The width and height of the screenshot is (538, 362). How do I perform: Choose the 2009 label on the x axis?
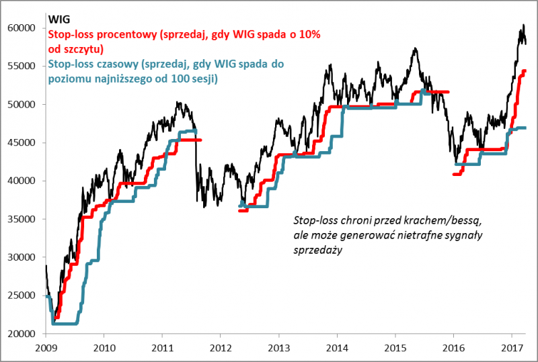(x=45, y=349)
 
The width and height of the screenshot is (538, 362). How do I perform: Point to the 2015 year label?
(x=395, y=349)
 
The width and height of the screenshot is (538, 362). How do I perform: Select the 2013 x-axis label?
(x=278, y=349)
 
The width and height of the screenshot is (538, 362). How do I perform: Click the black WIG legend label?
(x=59, y=19)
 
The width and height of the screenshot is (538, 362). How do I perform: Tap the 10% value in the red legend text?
(x=304, y=35)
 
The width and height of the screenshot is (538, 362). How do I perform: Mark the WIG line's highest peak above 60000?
(x=524, y=26)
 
